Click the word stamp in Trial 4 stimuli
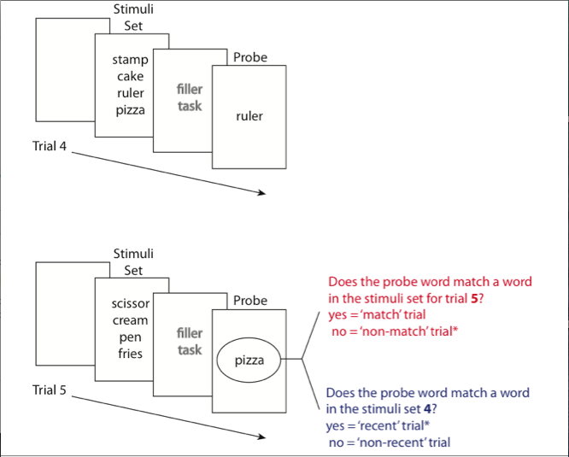click(130, 61)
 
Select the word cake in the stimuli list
click(130, 77)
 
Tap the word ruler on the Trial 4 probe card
click(249, 116)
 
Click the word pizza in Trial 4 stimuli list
click(130, 110)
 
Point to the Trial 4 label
click(50, 146)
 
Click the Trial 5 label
click(50, 390)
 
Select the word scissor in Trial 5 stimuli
click(130, 303)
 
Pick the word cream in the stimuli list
click(130, 320)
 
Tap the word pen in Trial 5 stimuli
click(130, 337)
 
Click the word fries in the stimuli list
click(130, 354)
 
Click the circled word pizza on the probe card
click(249, 360)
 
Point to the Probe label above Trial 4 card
click(249, 58)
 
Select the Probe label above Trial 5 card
click(249, 301)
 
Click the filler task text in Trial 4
click(190, 97)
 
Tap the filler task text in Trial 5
click(190, 341)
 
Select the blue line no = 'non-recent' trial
click(390, 442)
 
